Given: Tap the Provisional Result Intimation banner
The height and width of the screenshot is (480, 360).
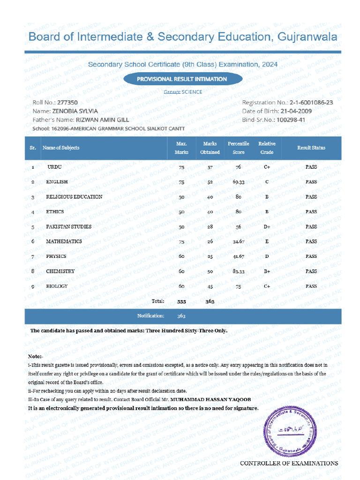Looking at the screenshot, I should click(182, 79).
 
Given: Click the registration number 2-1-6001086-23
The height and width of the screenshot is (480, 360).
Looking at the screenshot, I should click(311, 103).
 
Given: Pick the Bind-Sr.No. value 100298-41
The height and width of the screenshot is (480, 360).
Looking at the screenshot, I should click(291, 120).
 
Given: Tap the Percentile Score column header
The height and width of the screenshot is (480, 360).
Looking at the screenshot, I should click(238, 148).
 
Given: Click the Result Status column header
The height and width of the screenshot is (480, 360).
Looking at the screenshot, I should click(311, 148).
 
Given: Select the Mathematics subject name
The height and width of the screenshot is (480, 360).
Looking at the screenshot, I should click(64, 241).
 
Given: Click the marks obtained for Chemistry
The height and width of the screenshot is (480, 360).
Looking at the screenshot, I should click(210, 271).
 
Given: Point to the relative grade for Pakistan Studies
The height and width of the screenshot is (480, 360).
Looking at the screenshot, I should click(267, 227).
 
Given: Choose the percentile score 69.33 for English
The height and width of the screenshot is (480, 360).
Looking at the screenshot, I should click(238, 182).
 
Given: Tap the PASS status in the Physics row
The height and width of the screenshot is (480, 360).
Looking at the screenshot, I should click(311, 256).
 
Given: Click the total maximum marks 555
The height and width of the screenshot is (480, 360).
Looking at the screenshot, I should click(181, 301).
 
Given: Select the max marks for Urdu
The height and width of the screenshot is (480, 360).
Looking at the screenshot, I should click(181, 167).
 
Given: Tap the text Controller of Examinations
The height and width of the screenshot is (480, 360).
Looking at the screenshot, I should click(289, 463).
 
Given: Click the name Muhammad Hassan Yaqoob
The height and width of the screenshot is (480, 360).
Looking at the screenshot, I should click(204, 399).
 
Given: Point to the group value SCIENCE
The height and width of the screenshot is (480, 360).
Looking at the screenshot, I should click(192, 92).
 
